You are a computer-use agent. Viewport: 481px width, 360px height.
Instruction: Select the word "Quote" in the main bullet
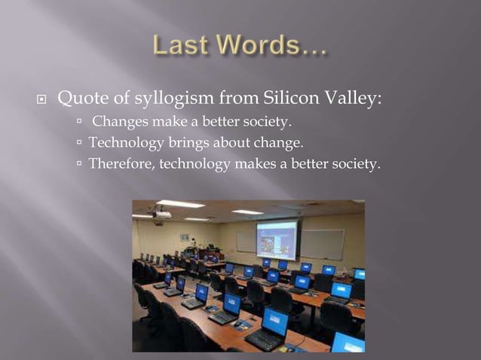click(81, 99)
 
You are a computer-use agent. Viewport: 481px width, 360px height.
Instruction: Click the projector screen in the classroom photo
click(276, 239)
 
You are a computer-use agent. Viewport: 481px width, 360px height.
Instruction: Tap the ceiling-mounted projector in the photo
click(160, 215)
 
